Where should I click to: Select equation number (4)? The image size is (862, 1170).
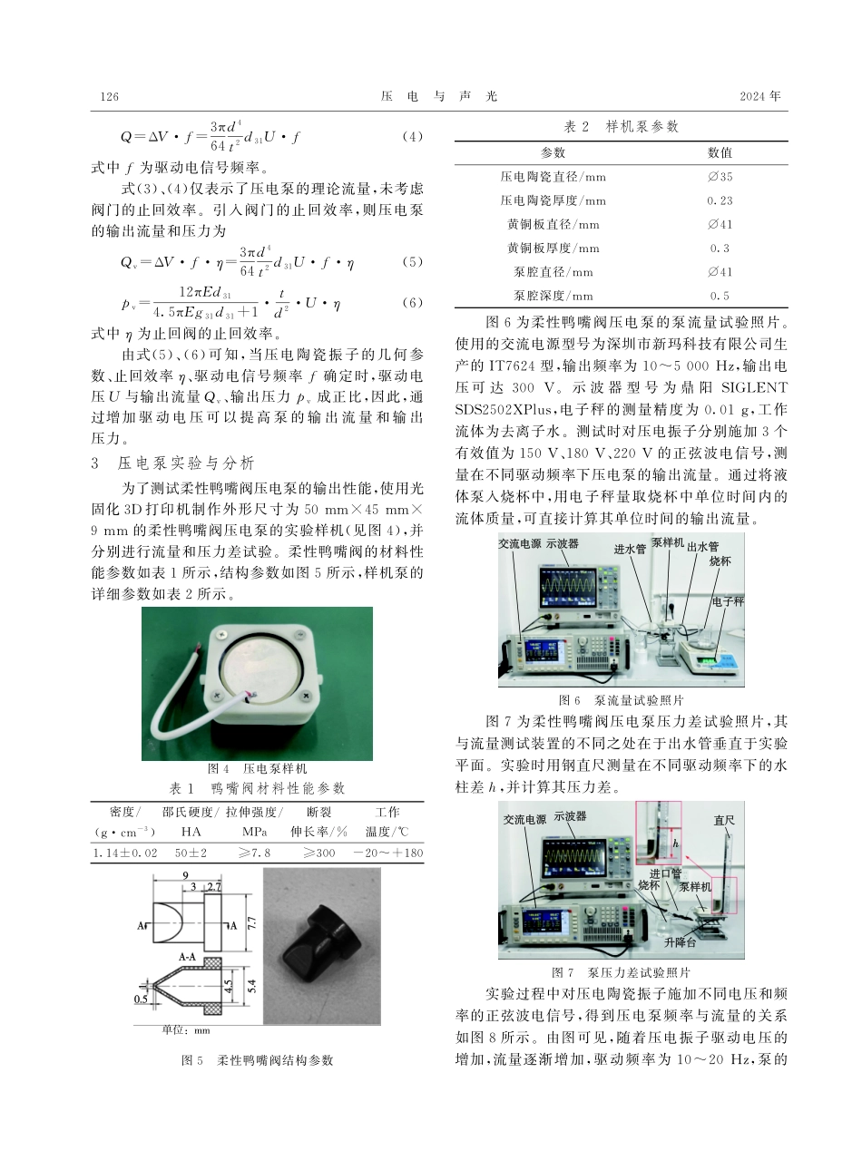point(412,138)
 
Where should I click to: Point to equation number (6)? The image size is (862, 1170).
point(412,303)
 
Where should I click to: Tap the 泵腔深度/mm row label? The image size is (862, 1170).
point(553,295)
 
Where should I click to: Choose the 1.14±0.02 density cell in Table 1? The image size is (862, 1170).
point(124,853)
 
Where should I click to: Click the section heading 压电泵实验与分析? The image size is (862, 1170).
point(187,463)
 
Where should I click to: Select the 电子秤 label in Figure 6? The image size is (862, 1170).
point(727,601)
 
